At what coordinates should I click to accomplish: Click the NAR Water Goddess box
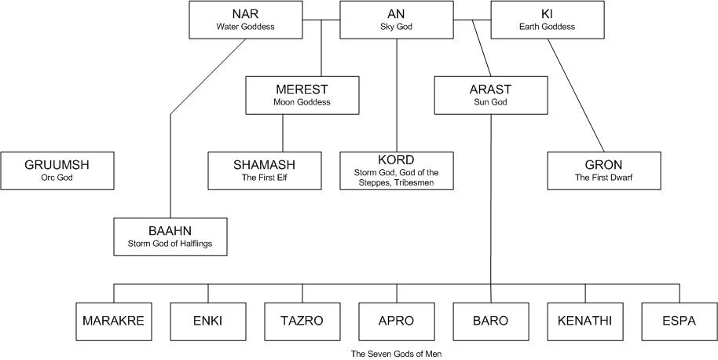(x=246, y=20)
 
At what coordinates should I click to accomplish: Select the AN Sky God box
(x=396, y=20)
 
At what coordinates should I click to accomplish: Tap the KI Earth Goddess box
(x=547, y=20)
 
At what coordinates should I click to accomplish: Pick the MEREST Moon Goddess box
(x=302, y=95)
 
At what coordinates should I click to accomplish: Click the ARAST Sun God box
(x=491, y=95)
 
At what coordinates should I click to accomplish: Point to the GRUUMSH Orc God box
(x=57, y=171)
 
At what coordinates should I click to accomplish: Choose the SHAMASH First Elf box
(x=265, y=171)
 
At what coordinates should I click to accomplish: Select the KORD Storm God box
(x=396, y=171)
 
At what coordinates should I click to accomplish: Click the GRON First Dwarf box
(x=603, y=171)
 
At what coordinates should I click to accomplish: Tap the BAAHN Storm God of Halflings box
(x=170, y=237)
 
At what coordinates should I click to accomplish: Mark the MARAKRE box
(x=113, y=321)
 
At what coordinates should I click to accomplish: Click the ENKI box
(x=208, y=321)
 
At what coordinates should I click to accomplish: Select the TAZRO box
(x=302, y=321)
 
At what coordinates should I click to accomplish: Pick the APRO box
(x=396, y=321)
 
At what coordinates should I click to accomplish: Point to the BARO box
(x=491, y=321)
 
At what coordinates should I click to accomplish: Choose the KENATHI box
(x=585, y=321)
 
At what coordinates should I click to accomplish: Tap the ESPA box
(x=679, y=321)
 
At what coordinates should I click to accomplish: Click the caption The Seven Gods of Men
(x=396, y=354)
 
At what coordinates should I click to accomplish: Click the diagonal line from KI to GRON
(x=576, y=95)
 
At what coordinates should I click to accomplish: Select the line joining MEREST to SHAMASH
(x=283, y=133)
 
